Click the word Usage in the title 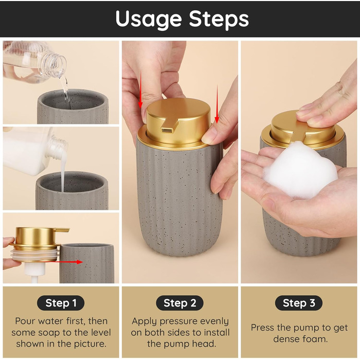148,20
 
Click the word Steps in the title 219,19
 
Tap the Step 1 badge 61,303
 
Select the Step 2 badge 180,303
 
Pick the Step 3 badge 299,303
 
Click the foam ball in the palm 300,169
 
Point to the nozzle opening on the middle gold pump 167,131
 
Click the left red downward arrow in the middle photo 140,89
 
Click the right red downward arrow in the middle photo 217,103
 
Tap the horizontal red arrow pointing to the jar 69,262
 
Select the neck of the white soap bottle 58,148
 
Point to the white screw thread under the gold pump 36,255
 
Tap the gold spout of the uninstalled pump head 62,229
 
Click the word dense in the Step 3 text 284,339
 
